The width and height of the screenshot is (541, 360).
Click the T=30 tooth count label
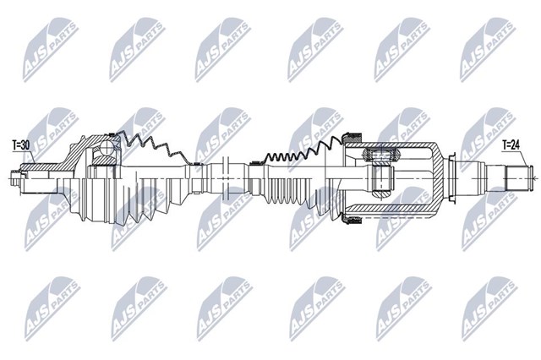tap(20, 145)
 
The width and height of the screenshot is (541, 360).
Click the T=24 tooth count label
tap(511, 145)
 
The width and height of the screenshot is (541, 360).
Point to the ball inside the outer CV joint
tap(107, 149)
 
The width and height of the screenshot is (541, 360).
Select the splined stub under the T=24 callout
tap(516, 178)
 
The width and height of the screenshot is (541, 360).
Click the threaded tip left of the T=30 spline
tap(15, 178)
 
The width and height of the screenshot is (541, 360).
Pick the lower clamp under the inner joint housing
tap(351, 220)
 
